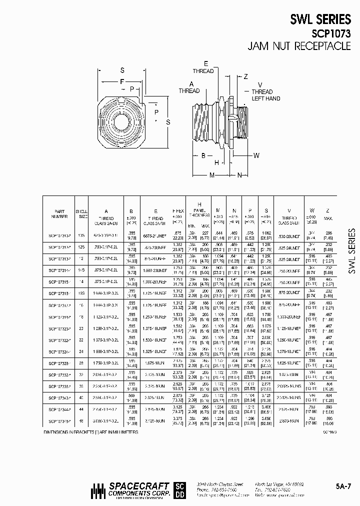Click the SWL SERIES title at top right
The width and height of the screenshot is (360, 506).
pos(320,19)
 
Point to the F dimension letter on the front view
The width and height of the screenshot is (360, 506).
pos(121,81)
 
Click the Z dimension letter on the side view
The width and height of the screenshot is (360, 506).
pos(245,76)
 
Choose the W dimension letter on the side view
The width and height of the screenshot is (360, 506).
pos(256,155)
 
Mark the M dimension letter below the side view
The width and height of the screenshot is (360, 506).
pos(212,175)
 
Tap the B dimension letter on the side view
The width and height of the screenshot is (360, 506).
pos(203,155)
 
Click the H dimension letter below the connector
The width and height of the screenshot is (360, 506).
pos(216,162)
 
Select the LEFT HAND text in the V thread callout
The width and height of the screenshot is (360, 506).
pos(265,98)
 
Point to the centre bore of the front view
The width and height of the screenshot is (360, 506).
pos(120,122)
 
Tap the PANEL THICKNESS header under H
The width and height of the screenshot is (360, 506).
pos(199,213)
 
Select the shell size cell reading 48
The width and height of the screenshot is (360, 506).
pos(81,421)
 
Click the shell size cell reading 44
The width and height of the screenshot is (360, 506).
pos(81,409)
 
